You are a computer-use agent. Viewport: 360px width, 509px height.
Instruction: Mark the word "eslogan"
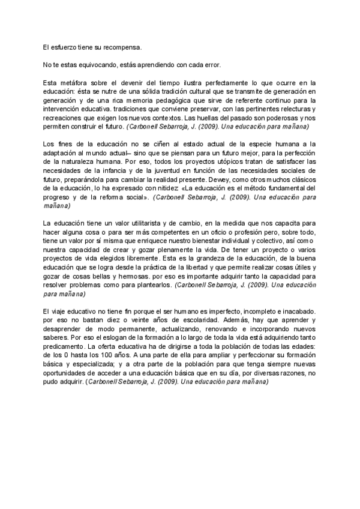coord(100,339)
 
